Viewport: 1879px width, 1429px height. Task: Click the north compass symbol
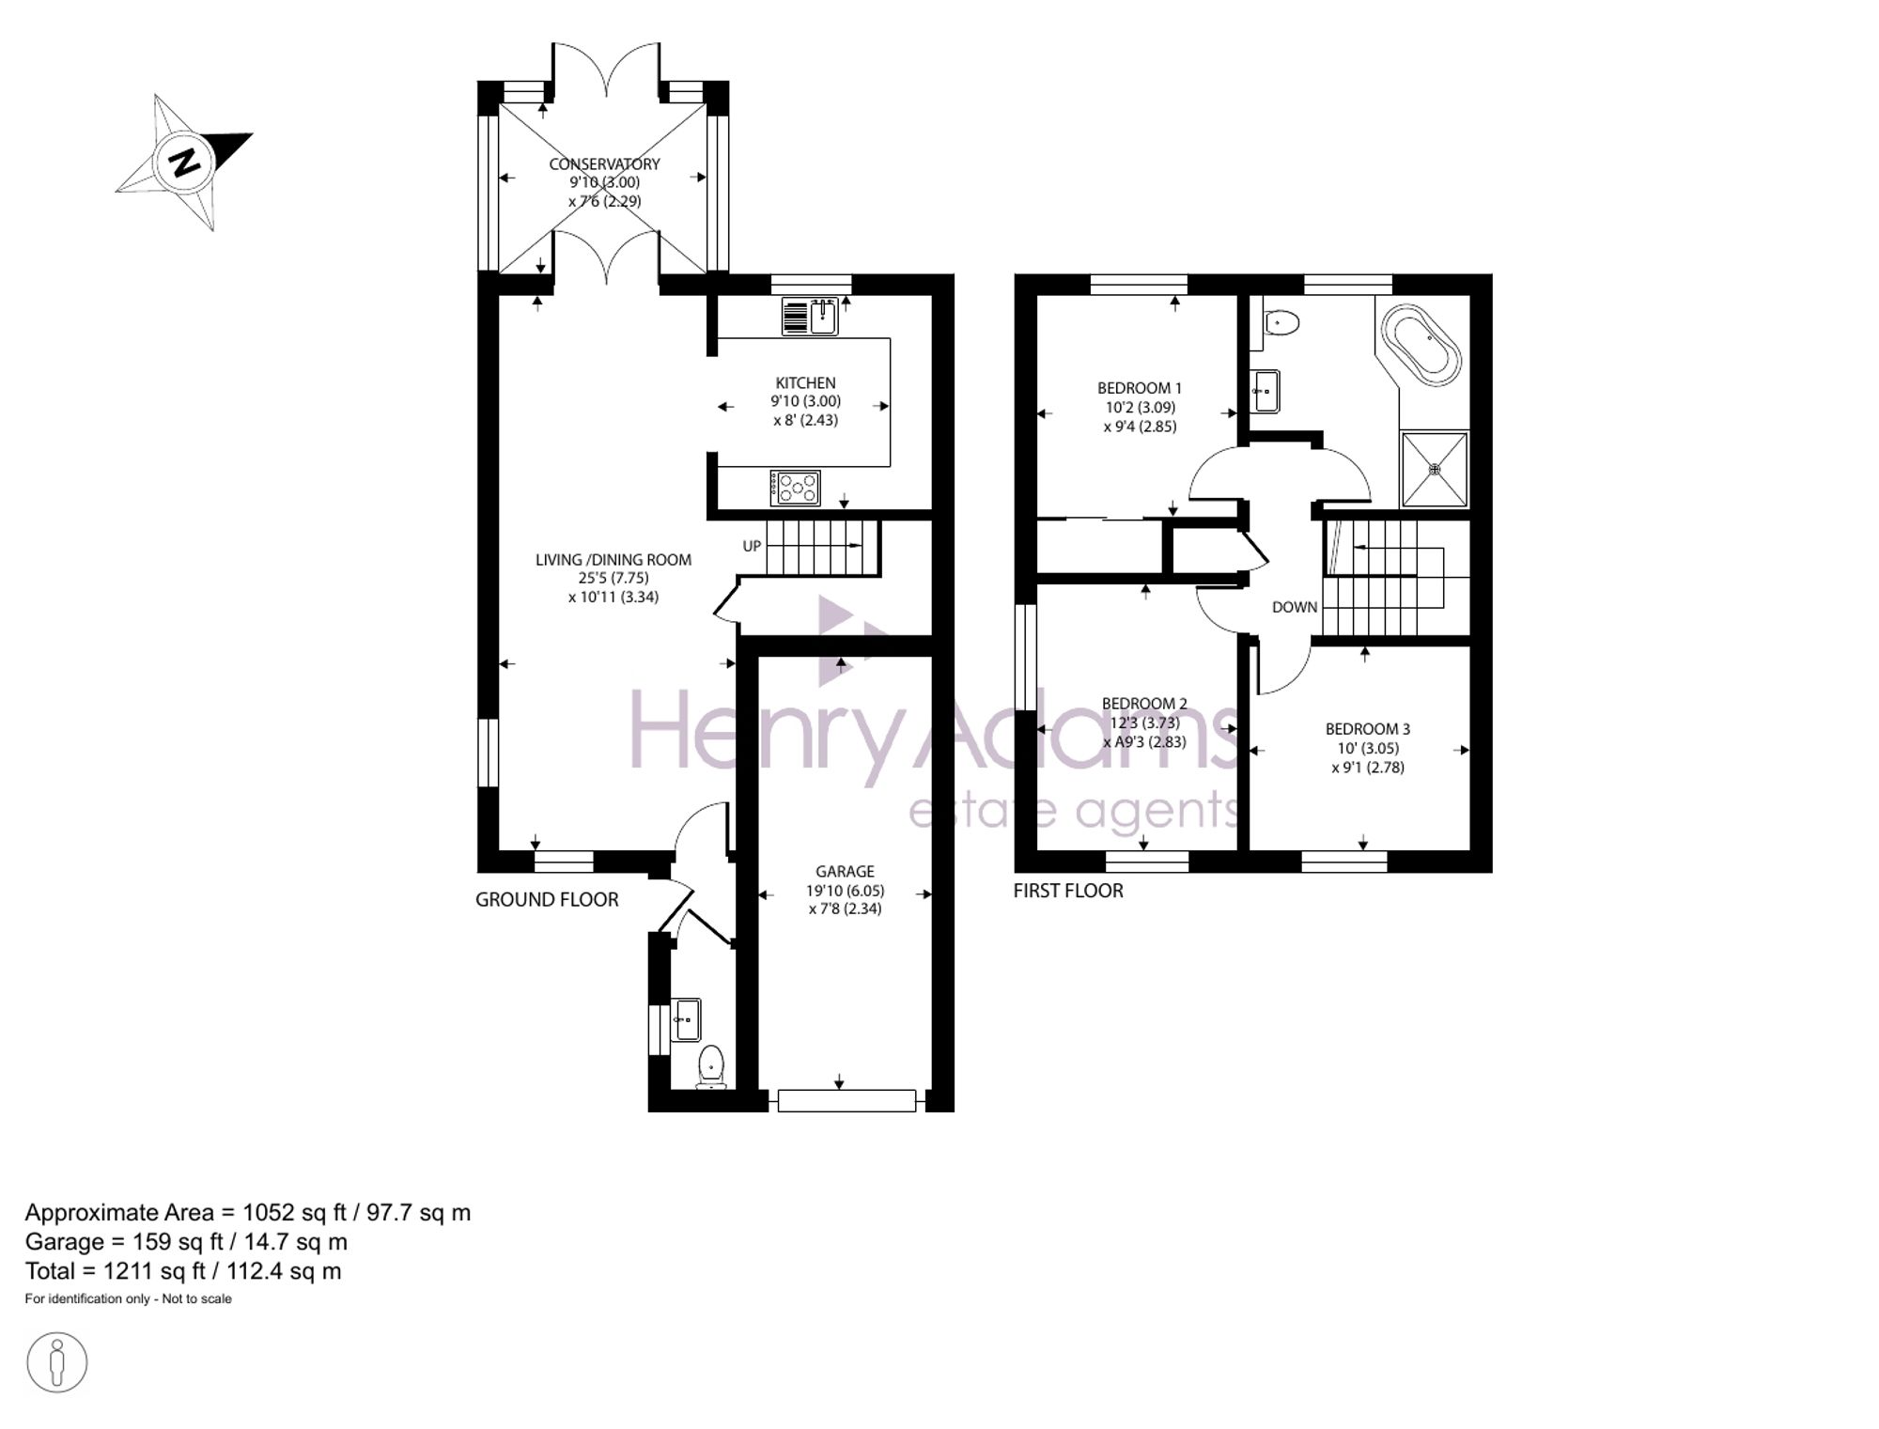(185, 163)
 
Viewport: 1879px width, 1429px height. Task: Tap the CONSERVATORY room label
(604, 164)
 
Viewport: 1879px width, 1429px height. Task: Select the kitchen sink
(810, 317)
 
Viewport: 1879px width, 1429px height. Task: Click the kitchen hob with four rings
(795, 489)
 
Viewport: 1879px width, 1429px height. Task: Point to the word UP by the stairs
(752, 546)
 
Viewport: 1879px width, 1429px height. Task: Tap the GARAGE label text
(845, 872)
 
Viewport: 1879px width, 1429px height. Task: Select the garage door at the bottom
(846, 1100)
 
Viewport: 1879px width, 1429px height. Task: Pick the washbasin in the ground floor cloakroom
(686, 1020)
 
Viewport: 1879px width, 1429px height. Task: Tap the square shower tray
(1435, 469)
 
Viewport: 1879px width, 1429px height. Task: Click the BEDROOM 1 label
(1140, 388)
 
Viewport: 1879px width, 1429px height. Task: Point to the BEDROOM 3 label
(1368, 729)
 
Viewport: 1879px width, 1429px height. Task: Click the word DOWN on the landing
(1295, 608)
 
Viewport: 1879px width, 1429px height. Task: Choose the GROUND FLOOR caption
(547, 900)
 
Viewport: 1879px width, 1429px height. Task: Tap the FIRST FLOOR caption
(1068, 891)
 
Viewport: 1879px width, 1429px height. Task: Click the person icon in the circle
(57, 1361)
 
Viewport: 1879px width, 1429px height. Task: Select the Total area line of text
(183, 1271)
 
